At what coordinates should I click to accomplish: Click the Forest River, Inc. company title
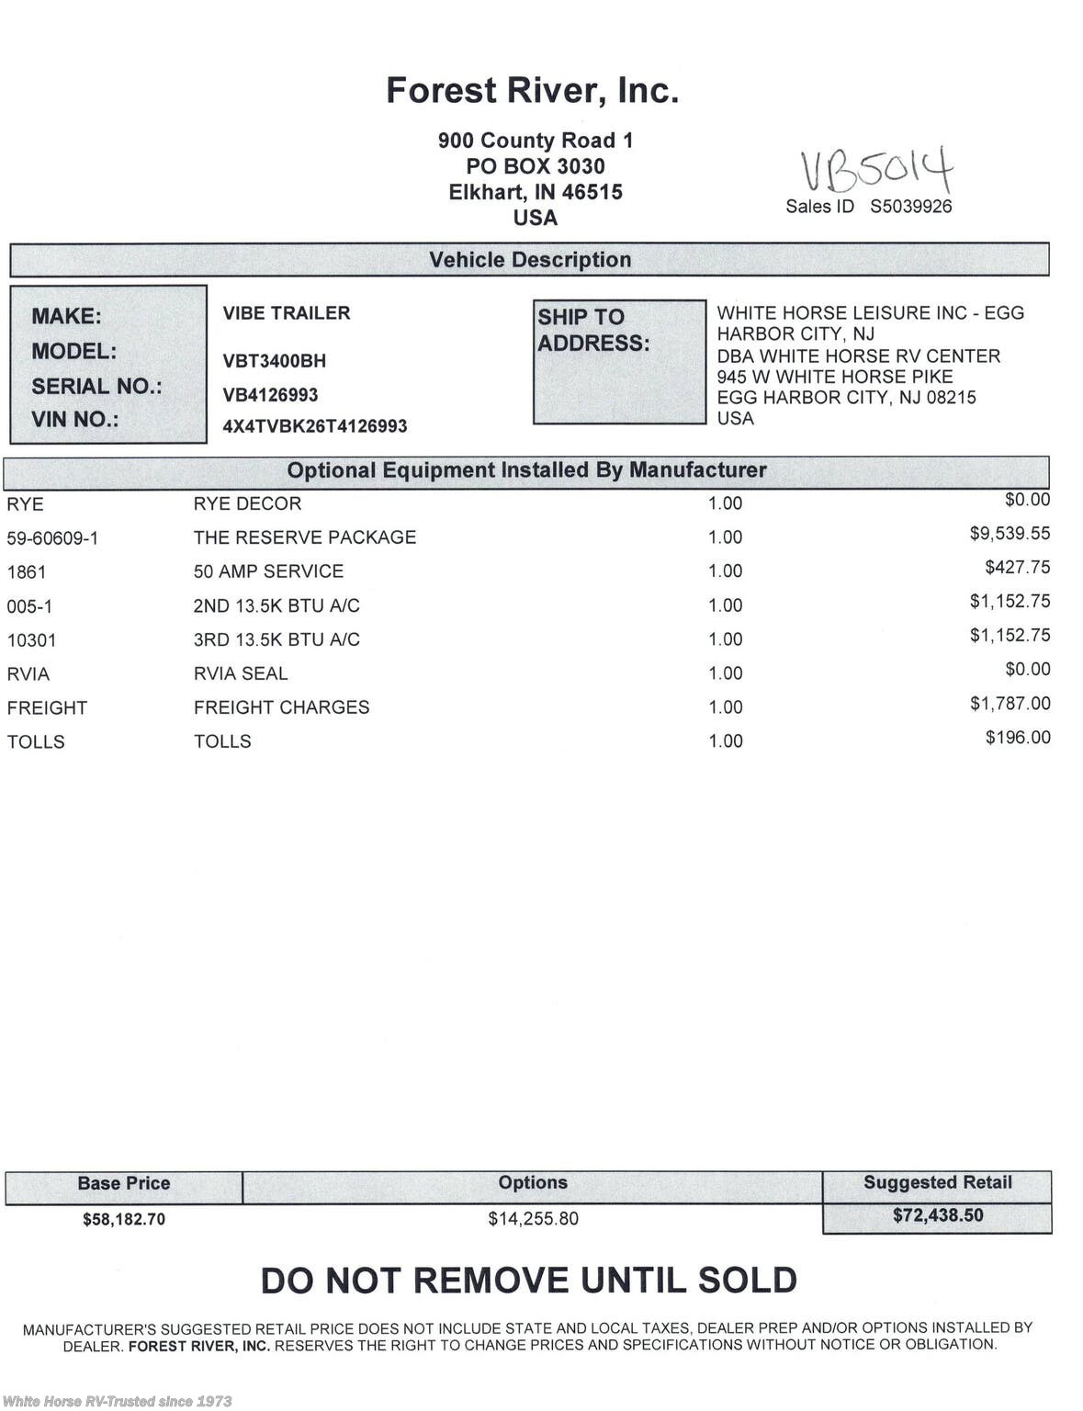[532, 91]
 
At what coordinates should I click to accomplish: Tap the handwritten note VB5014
[876, 170]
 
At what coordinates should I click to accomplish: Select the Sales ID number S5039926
[910, 207]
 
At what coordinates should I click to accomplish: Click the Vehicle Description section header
[530, 260]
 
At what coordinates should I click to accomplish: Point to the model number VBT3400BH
[274, 361]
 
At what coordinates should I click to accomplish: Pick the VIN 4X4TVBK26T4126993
[314, 426]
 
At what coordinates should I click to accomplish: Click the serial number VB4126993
[270, 395]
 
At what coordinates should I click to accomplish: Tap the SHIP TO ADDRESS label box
[619, 361]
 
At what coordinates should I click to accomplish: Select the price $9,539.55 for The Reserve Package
[1010, 534]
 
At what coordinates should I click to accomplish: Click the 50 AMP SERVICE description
[268, 571]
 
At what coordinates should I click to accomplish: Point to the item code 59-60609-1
[52, 538]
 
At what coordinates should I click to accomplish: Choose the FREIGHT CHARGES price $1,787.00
[1010, 704]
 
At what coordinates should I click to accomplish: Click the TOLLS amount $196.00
[1017, 738]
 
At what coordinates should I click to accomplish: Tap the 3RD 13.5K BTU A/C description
[276, 639]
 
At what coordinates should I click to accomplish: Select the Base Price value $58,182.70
[124, 1220]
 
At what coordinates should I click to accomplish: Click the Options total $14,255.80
[533, 1219]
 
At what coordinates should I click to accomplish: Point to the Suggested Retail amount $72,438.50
[937, 1216]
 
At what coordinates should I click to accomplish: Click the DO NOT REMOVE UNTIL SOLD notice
[529, 1281]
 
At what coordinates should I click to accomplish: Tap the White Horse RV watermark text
[118, 1401]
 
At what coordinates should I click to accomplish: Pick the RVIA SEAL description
[241, 673]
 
